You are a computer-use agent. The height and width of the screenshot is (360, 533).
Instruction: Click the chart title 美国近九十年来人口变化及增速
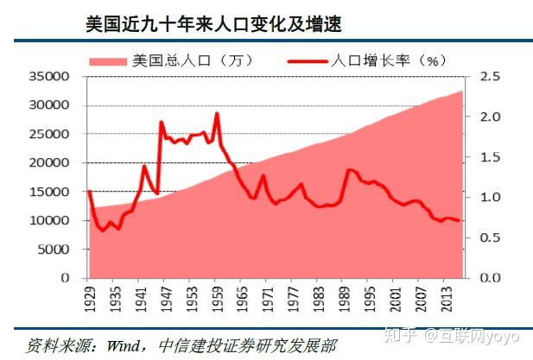(x=214, y=24)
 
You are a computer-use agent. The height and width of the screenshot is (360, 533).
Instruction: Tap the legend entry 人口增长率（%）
(x=385, y=60)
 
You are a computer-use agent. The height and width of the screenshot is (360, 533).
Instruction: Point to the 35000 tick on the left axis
(x=53, y=76)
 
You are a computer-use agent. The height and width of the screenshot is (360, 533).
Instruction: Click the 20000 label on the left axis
(x=53, y=162)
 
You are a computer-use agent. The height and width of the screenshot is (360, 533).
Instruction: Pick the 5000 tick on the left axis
(x=56, y=249)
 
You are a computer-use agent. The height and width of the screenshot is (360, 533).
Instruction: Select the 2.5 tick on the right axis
(x=492, y=76)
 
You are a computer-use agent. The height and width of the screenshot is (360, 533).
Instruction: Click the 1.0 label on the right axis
(x=492, y=197)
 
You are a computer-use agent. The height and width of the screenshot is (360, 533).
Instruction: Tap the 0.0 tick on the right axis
(x=492, y=278)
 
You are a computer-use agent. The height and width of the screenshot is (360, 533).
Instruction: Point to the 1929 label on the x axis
(x=89, y=300)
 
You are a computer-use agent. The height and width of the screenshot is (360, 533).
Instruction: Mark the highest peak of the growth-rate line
(x=217, y=113)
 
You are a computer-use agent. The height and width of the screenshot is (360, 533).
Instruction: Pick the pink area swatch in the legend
(x=107, y=60)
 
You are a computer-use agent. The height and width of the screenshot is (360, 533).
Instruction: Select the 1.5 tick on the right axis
(x=492, y=156)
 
